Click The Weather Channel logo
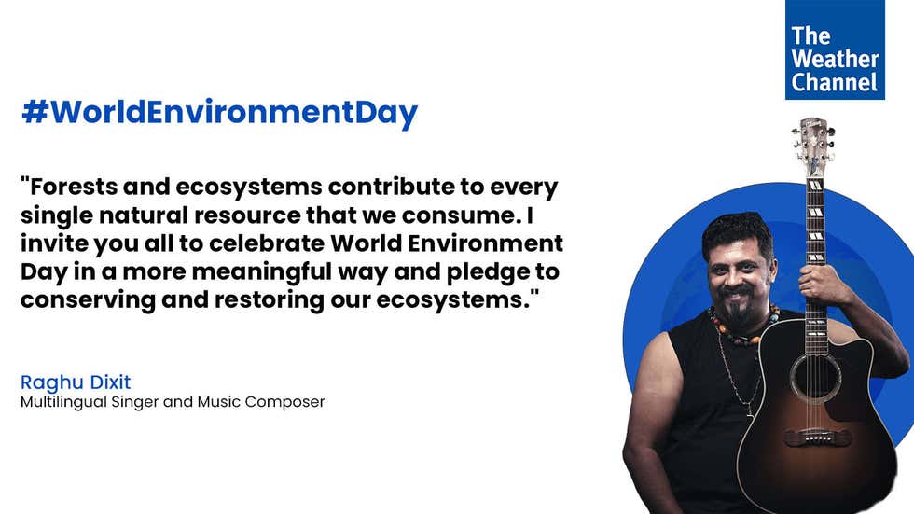click(835, 49)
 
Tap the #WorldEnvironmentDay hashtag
click(220, 113)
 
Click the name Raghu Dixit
click(76, 382)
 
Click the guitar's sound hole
click(815, 378)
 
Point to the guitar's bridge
click(816, 438)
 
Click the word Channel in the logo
click(834, 82)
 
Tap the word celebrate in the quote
click(265, 243)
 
